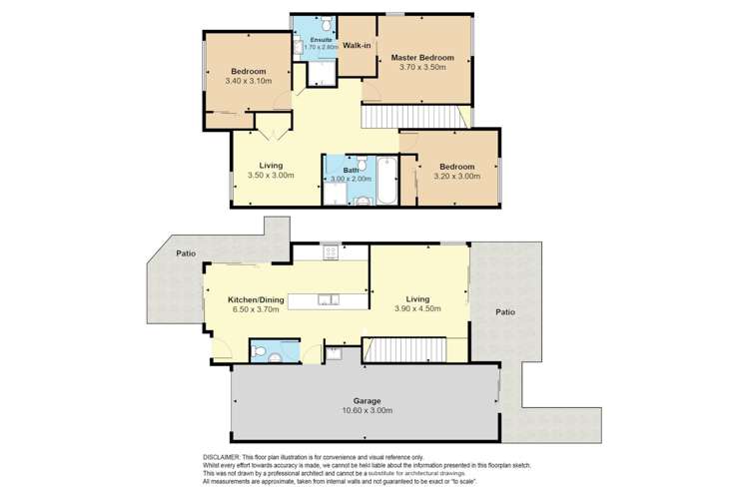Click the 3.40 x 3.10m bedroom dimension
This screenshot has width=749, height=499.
point(249,82)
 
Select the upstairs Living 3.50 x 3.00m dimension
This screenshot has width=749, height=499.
point(271,176)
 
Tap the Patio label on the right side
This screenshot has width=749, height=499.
point(506,312)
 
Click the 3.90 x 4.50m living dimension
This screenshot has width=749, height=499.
point(418,308)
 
